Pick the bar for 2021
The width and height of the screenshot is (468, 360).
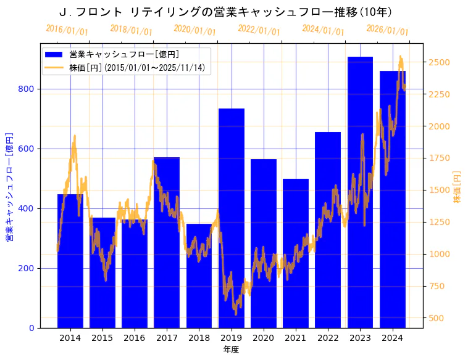pyautogui.click(x=296, y=253)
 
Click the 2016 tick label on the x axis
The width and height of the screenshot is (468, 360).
pyautogui.click(x=135, y=338)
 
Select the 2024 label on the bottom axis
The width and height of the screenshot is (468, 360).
pyautogui.click(x=393, y=338)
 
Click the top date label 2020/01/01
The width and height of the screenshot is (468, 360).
pyautogui.click(x=194, y=30)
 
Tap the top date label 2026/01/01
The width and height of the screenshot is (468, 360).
pyautogui.click(x=387, y=30)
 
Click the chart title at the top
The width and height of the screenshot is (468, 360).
pyautogui.click(x=225, y=12)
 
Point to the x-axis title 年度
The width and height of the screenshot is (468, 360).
pyautogui.click(x=231, y=350)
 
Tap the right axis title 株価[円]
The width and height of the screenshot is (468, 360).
pyautogui.click(x=457, y=187)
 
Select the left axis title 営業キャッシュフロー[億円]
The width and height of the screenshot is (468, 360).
pyautogui.click(x=9, y=186)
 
